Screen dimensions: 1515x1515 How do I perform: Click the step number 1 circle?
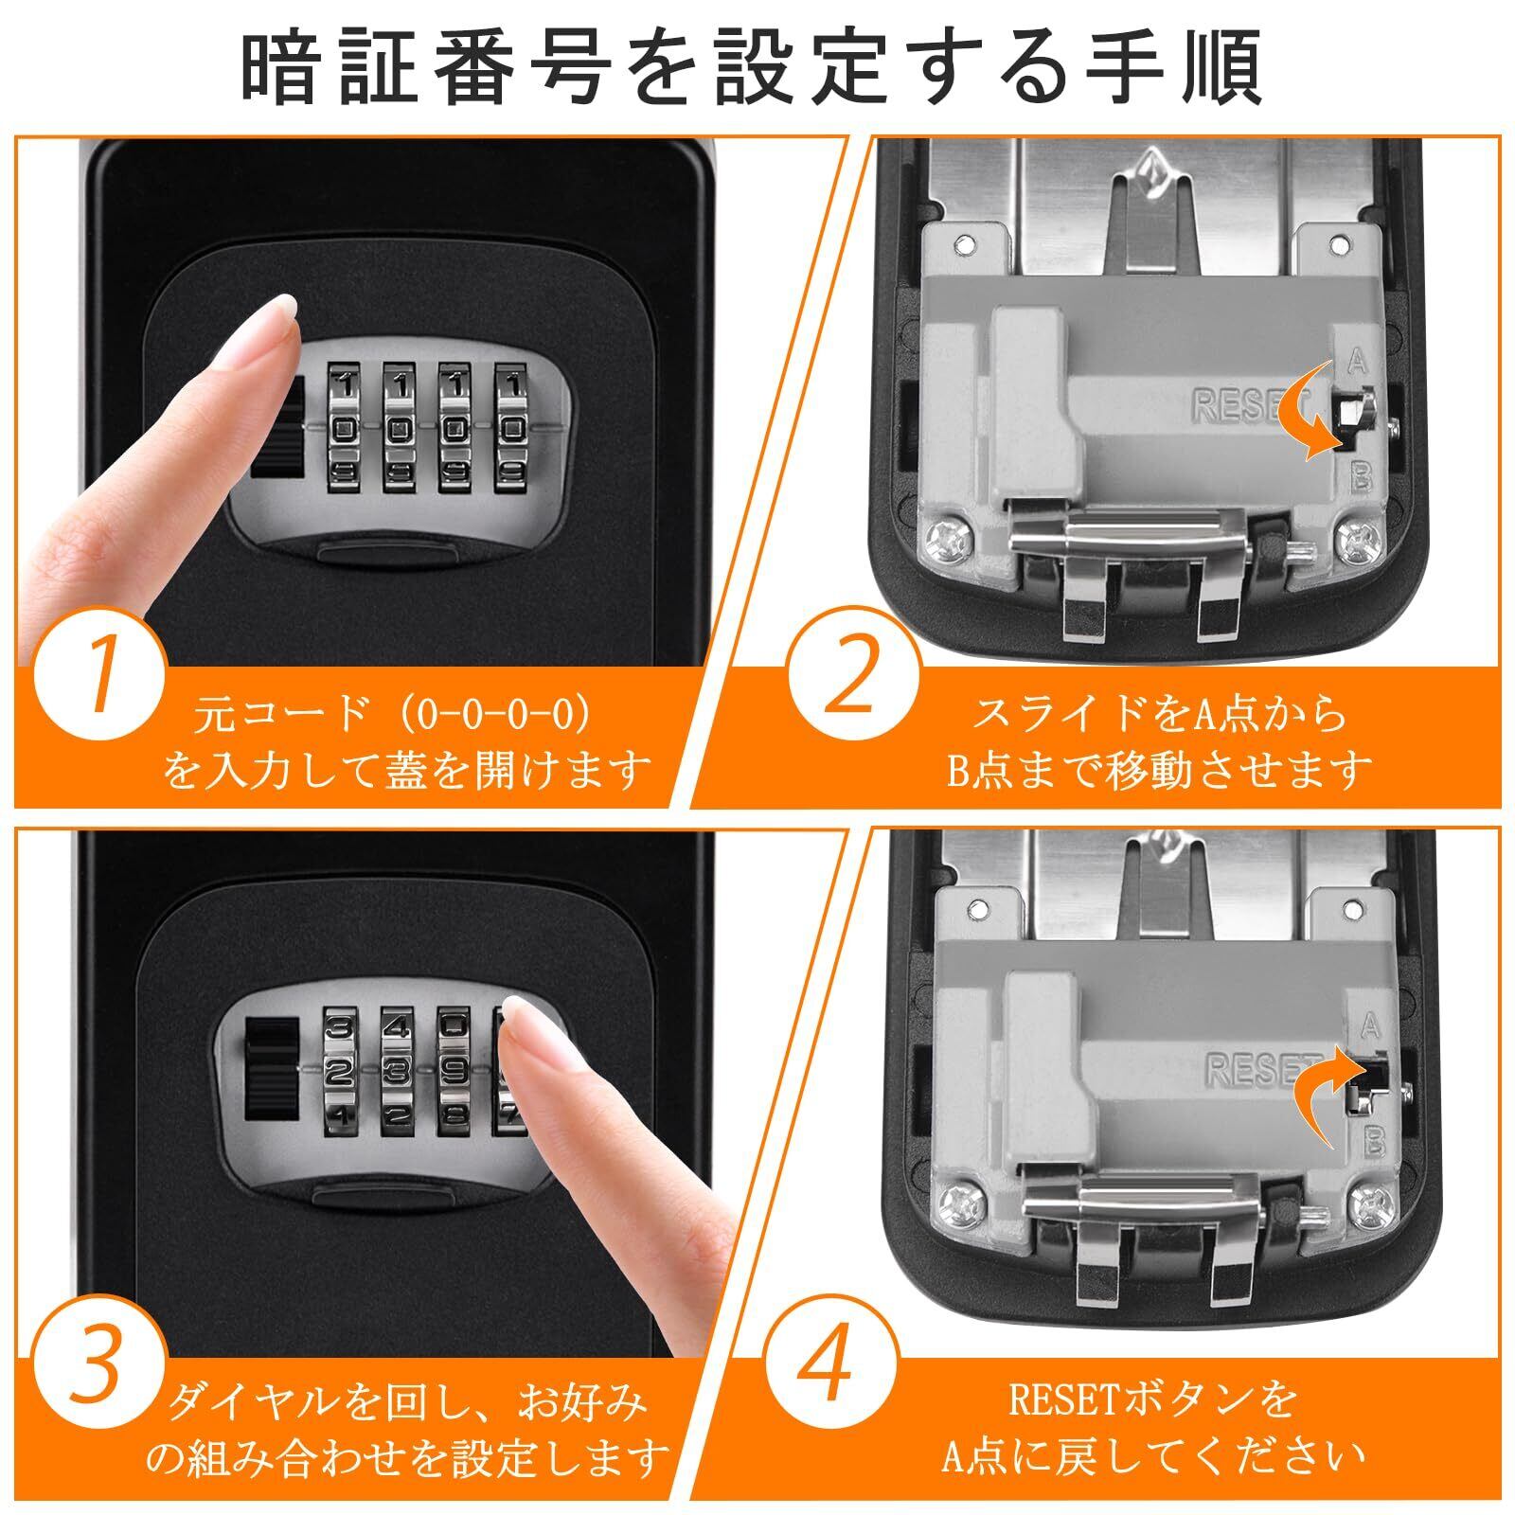99,678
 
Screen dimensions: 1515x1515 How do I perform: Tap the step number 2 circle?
855,678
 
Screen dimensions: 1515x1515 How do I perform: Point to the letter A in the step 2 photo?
1358,360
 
